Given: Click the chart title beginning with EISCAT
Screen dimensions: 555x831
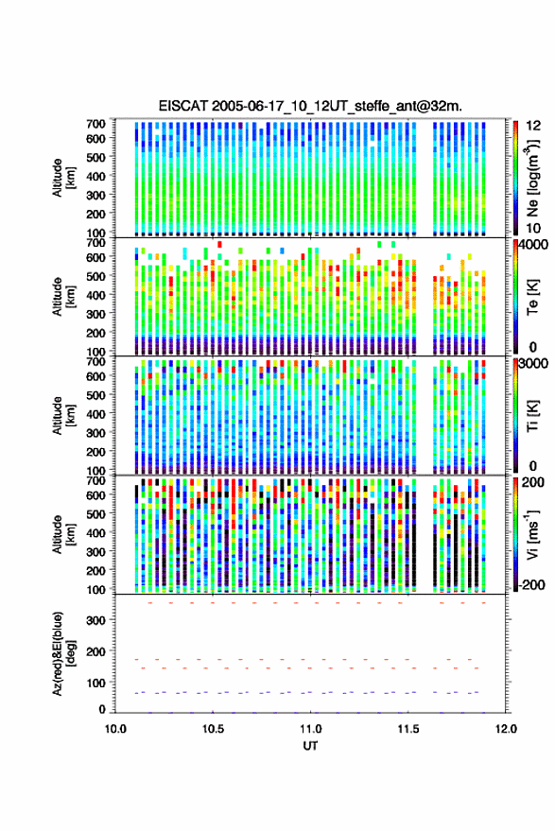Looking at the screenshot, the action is (310, 106).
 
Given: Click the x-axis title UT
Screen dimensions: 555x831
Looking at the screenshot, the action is (310, 746).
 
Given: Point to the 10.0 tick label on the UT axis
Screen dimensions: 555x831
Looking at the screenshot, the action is (115, 729).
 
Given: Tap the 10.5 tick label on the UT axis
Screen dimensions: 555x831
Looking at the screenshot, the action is (213, 729).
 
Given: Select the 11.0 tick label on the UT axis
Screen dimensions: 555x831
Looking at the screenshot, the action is (310, 729).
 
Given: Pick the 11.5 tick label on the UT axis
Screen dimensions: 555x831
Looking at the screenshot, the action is (408, 729).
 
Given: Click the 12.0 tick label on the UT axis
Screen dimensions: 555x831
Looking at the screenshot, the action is (506, 729).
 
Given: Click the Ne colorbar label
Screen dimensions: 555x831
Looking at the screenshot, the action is (532, 178).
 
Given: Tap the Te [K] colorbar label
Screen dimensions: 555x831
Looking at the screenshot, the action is (532, 297).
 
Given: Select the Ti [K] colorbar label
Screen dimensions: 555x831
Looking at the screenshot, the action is (532, 416).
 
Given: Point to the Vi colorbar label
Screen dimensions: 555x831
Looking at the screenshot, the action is (532, 535).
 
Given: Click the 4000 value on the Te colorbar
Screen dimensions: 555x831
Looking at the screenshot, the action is (534, 246).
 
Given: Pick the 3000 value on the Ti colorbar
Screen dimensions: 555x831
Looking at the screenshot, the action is (534, 364).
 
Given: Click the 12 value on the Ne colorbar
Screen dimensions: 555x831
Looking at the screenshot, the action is (533, 126).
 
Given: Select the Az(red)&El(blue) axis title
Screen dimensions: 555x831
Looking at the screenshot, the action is (62, 654).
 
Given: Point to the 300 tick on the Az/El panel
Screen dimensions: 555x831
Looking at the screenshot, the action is (95, 620).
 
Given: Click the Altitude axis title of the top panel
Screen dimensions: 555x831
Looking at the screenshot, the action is (62, 178).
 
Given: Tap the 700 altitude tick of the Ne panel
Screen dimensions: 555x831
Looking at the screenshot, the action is (95, 124).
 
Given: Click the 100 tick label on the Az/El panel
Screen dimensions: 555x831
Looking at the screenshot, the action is (95, 684).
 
